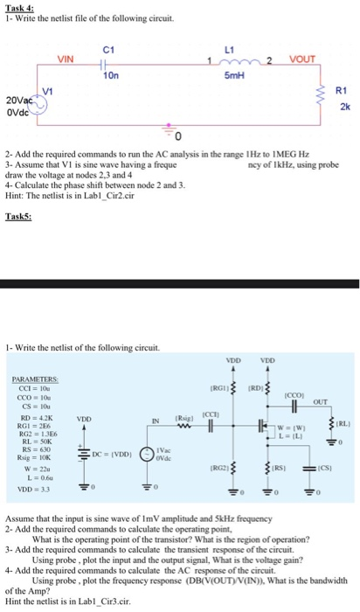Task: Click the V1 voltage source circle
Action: (x=37, y=102)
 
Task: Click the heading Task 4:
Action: (x=18, y=5)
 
